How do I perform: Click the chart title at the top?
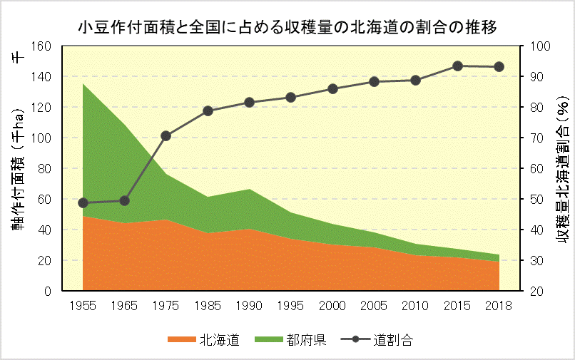(x=287, y=27)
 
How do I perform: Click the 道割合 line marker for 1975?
(x=166, y=135)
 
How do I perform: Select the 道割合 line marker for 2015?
(x=458, y=66)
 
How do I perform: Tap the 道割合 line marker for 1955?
(x=83, y=203)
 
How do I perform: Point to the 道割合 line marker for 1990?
(x=250, y=102)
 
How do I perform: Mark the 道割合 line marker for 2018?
(x=499, y=67)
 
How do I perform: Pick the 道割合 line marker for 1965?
(x=125, y=200)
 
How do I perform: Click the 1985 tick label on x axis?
(x=208, y=305)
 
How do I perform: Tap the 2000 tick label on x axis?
(x=332, y=305)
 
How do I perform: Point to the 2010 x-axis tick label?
(x=416, y=305)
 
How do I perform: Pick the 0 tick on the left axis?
(x=47, y=291)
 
